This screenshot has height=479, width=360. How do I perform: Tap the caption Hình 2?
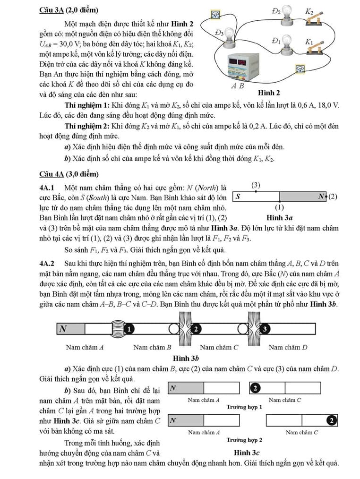click(x=282, y=93)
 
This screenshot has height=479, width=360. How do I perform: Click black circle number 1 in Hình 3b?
click(x=131, y=328)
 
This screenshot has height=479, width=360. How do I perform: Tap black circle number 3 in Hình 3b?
click(x=266, y=328)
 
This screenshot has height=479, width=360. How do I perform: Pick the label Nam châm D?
click(x=288, y=347)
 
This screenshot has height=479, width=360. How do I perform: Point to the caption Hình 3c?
click(x=244, y=452)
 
